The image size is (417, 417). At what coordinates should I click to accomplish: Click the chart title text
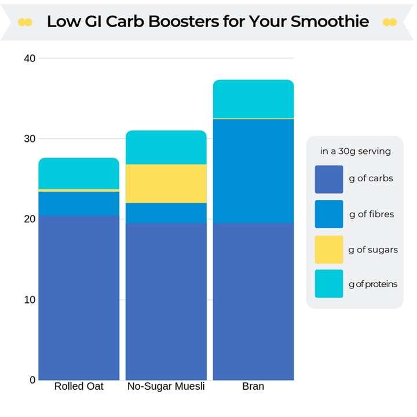tap(207, 21)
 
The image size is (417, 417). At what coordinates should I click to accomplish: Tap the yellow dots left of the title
tap(25, 22)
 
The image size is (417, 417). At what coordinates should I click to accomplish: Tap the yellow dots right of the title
tap(390, 22)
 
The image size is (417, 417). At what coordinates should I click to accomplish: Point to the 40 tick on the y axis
tap(30, 58)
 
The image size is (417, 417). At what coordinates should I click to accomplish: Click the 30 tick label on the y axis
tap(30, 139)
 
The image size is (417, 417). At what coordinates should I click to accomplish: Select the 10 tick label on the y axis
tap(30, 299)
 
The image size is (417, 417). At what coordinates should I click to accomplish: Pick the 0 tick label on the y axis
tap(32, 380)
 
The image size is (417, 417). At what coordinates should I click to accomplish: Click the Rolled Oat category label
tap(79, 386)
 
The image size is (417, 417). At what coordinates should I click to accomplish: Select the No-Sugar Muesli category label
tap(166, 386)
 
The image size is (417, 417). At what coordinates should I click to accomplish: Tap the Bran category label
tap(253, 386)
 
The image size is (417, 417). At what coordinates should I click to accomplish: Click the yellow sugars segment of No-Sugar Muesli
tap(166, 184)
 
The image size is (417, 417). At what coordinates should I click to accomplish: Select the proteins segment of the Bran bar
tap(253, 99)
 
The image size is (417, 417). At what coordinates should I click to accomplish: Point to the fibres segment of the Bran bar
tap(253, 171)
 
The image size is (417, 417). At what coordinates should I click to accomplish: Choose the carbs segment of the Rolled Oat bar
tap(79, 298)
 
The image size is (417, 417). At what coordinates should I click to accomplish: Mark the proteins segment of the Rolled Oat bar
tap(79, 173)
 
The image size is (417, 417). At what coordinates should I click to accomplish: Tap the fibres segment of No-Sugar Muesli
tap(166, 213)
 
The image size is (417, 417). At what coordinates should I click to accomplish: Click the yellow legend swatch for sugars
tap(329, 250)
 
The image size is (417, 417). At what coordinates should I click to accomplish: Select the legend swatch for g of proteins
tap(329, 284)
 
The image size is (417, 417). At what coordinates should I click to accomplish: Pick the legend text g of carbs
tap(371, 178)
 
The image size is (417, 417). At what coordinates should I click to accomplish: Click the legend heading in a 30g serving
tap(355, 152)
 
